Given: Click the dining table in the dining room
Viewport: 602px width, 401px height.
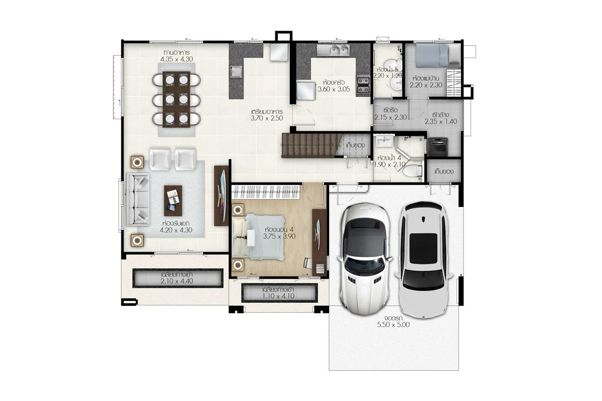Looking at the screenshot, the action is click(176, 99).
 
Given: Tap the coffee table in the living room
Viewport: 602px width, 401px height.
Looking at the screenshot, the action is click(173, 200).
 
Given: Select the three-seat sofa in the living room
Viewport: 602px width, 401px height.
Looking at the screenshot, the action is click(137, 199).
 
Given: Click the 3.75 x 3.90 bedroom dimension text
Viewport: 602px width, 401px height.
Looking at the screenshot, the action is click(279, 237).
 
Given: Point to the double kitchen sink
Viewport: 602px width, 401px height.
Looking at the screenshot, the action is click(333, 50).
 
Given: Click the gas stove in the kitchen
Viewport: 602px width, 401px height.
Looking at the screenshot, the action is click(363, 85).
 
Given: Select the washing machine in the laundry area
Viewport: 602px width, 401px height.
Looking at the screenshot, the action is click(438, 147).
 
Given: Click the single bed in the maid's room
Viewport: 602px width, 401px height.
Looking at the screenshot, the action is click(438, 55).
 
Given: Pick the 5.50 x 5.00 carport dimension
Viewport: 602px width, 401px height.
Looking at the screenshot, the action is click(393, 325).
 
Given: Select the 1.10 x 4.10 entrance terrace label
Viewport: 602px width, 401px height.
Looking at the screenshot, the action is click(278, 296).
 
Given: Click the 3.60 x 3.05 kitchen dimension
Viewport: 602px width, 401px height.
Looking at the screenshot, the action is click(334, 89).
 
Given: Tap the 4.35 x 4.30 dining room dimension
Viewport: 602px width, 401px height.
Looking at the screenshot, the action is click(177, 59).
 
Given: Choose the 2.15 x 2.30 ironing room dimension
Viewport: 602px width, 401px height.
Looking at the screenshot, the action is click(390, 117).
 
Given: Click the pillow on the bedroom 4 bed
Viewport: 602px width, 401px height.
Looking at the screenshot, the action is click(239, 238).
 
